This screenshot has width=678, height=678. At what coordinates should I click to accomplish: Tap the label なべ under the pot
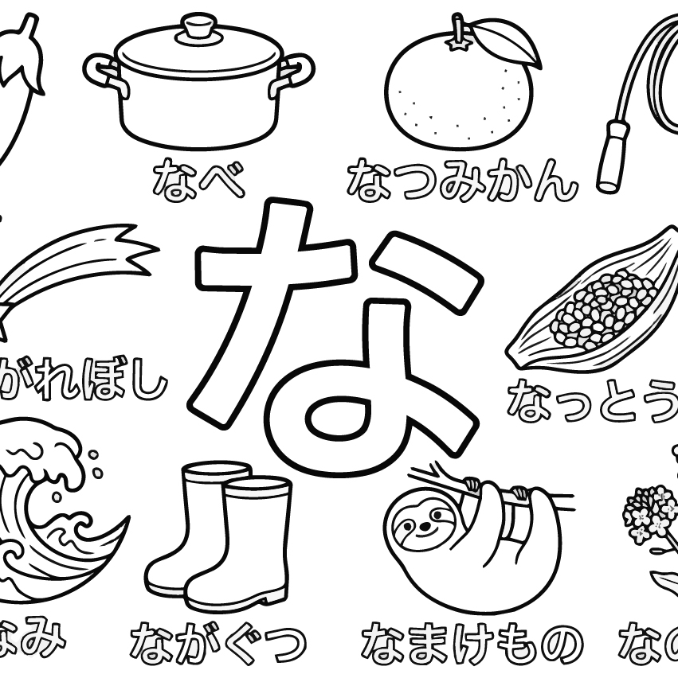click(x=198, y=179)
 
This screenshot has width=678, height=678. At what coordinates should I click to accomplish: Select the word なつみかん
click(x=460, y=180)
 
